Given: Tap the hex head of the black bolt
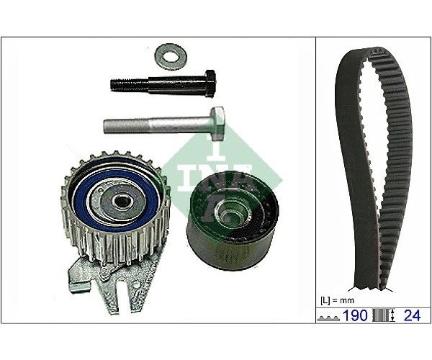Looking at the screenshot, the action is click(211, 84).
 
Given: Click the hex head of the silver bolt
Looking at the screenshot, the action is click(217, 123).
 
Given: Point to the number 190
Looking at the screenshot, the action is click(354, 315).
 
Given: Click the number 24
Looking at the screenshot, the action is click(412, 315).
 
